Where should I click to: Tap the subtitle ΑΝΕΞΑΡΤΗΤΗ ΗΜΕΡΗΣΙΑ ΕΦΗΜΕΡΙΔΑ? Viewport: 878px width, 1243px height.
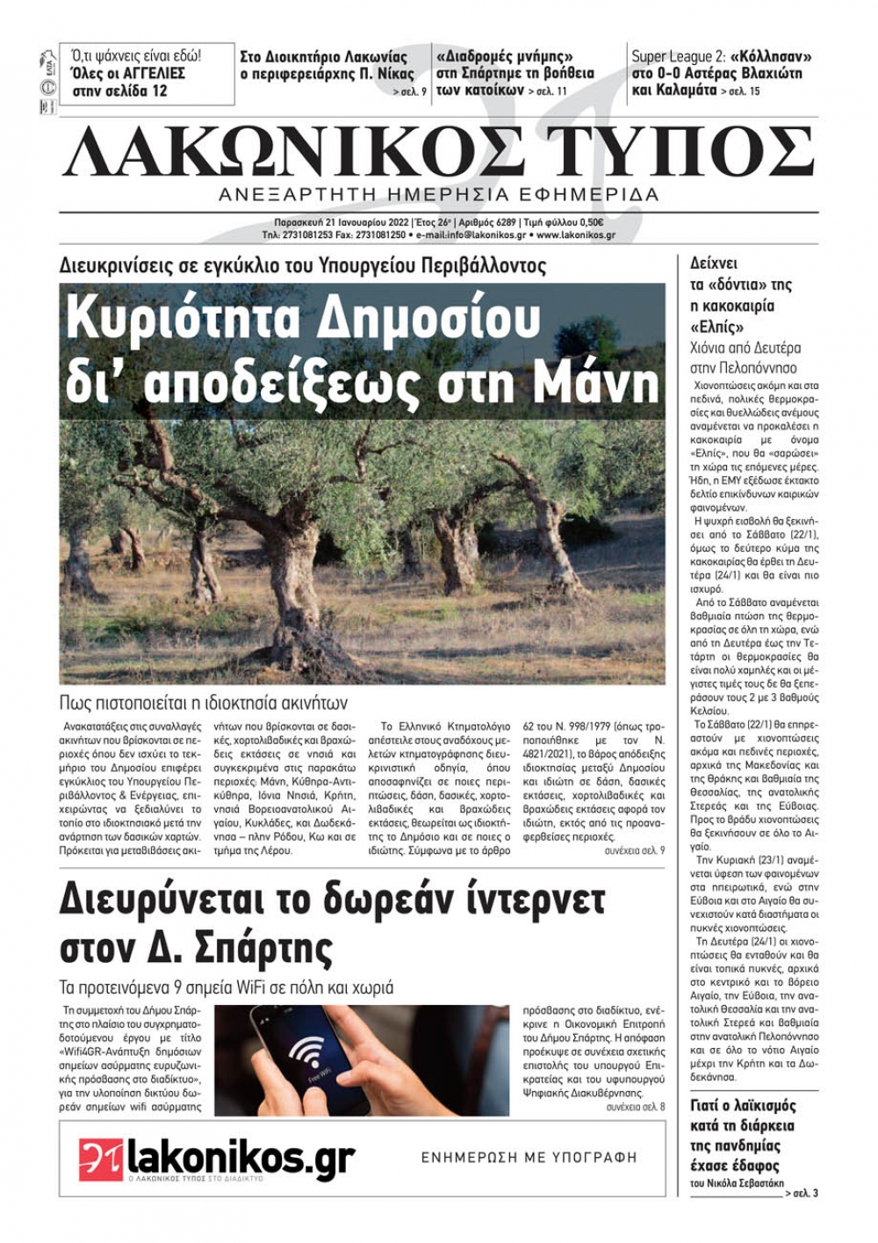(x=438, y=194)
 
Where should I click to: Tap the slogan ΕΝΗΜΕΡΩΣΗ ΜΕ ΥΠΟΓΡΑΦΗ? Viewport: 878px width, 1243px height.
(x=529, y=1158)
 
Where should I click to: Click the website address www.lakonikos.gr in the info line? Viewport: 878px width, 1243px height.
(x=575, y=235)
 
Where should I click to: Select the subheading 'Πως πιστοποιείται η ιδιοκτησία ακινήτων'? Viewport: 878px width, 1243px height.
(x=204, y=703)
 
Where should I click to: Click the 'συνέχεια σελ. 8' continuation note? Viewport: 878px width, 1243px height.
(x=635, y=1107)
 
